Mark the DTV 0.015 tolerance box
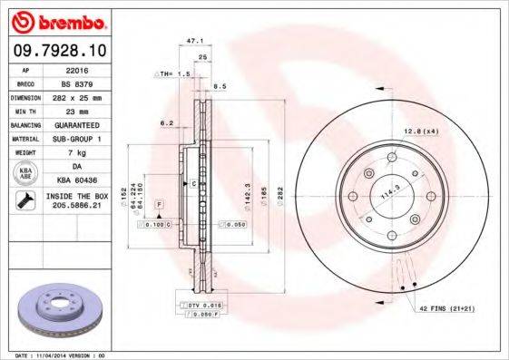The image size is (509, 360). tap(208, 307)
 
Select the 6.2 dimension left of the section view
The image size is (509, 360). tap(166, 122)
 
